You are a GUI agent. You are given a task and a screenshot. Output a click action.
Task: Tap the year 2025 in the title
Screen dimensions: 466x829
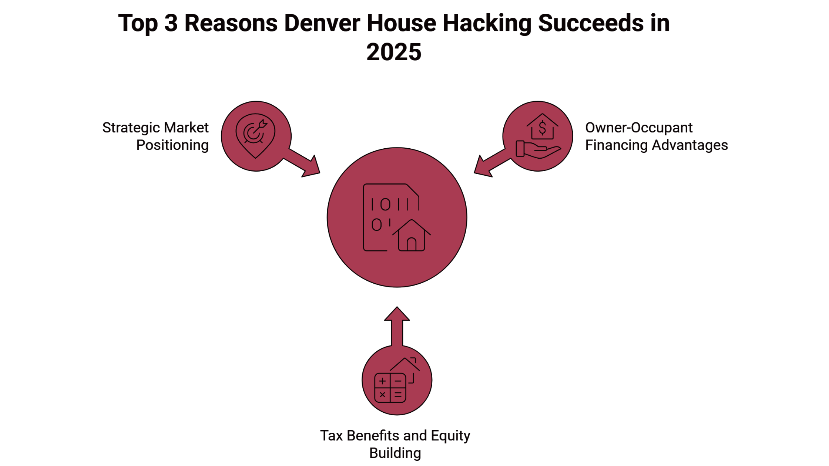point(394,52)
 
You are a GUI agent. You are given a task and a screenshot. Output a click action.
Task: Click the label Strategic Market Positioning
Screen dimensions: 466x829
point(155,136)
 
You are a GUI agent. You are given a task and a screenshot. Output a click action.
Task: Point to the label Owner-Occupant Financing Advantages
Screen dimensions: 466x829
point(656,136)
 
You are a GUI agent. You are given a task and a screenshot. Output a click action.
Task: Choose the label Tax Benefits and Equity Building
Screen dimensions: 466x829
point(395,444)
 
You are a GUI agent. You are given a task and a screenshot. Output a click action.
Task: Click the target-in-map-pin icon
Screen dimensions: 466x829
point(255,135)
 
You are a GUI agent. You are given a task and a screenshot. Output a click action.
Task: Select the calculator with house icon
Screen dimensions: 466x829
point(396,381)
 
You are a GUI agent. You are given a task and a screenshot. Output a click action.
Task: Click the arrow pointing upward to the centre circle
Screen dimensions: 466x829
point(397,325)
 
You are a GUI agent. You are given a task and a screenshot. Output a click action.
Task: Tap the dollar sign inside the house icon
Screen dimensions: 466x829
point(542,128)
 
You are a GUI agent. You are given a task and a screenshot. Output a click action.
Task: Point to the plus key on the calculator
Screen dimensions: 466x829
point(382,381)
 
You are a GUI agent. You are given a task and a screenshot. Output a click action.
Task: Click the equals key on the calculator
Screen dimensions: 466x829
point(398,395)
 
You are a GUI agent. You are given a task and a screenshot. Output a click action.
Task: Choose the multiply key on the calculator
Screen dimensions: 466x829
point(382,395)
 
